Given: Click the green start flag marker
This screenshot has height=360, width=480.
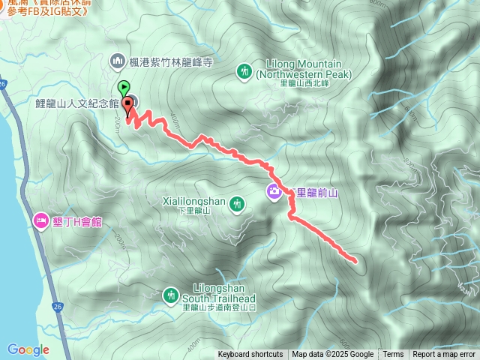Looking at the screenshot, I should pos(124,88).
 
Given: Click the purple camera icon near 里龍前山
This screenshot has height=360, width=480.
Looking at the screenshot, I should pos(274,191).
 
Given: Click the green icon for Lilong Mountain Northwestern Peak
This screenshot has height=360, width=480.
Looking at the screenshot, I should pos(244,71).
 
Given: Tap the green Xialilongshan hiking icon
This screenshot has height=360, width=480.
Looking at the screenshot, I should pos(237,202).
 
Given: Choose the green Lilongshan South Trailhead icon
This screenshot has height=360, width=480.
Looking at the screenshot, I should pos(171,295).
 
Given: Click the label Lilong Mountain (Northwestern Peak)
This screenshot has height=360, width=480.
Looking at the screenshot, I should pos(303,69).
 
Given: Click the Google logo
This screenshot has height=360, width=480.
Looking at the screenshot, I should pos(28,349).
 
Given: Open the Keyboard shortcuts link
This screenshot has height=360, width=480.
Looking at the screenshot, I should pos(250,355).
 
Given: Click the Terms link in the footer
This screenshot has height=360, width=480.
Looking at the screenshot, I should pos(393,355).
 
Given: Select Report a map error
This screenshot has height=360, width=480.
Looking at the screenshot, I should pos(444,355).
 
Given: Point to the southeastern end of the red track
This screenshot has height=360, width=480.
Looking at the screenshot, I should pos(354,260).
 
